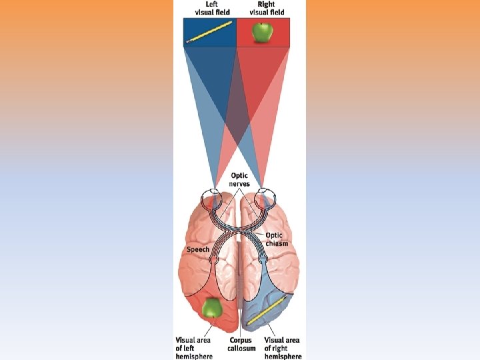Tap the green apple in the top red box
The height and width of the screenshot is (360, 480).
tap(263, 31)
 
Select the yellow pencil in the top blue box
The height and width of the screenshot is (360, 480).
tap(209, 32)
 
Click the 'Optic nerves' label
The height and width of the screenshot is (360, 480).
tap(239, 180)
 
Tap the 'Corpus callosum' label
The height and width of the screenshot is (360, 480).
tap(242, 344)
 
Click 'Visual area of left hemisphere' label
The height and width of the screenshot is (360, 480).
tap(194, 348)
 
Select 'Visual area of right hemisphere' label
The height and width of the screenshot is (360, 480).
tap(283, 348)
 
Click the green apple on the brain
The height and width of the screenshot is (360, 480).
tap(212, 307)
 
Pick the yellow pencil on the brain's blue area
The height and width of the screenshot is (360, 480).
tap(267, 312)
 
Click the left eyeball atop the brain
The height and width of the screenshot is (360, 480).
tap(212, 199)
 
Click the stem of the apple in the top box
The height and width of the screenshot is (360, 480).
tap(263, 23)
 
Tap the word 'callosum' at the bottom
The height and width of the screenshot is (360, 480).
tap(242, 348)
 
